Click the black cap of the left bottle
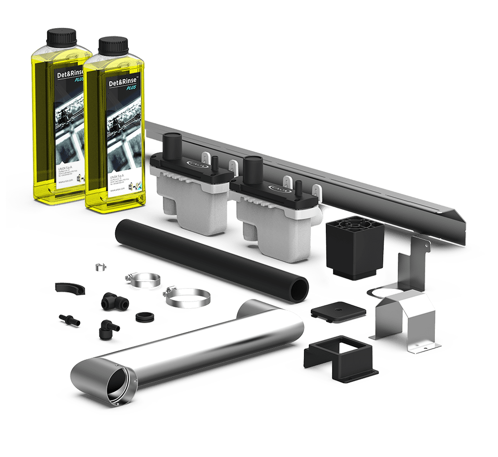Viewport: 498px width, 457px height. coord(61,36)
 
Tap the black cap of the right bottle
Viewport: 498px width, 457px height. coord(113,46)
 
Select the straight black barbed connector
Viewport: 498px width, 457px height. coord(69,319)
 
